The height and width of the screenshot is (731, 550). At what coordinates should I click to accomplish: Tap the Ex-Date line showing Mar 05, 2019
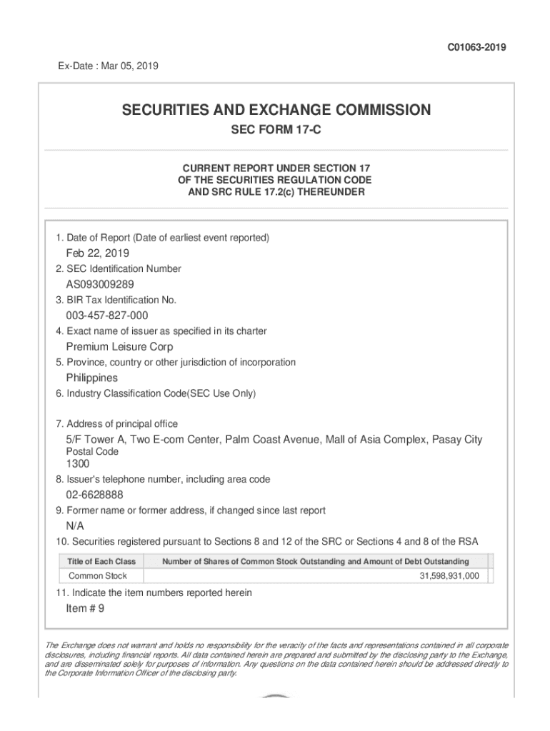(108, 66)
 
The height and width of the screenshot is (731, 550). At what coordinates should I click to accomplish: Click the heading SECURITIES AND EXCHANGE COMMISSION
(276, 110)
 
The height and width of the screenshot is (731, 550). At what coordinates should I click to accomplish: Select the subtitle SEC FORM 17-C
(276, 131)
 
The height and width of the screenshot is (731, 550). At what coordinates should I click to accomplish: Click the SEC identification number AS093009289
(100, 284)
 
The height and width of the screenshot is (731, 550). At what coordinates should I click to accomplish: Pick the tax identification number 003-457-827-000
(107, 316)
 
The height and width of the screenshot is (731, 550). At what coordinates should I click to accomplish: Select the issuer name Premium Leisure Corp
(119, 347)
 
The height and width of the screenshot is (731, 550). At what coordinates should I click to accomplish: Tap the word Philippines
(92, 378)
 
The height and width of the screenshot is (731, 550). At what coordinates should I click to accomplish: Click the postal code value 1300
(78, 464)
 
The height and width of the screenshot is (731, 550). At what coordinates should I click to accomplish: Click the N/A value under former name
(75, 526)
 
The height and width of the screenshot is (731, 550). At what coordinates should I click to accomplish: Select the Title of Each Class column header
(101, 562)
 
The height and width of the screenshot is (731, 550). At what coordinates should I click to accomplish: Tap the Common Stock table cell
(98, 576)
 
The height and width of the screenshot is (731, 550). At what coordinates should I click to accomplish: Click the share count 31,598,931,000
(449, 576)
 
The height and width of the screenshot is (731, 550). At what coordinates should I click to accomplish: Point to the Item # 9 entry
(85, 608)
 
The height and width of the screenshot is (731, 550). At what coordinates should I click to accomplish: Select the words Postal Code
(92, 452)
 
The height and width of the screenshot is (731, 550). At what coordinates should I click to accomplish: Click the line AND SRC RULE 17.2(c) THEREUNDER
(276, 193)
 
